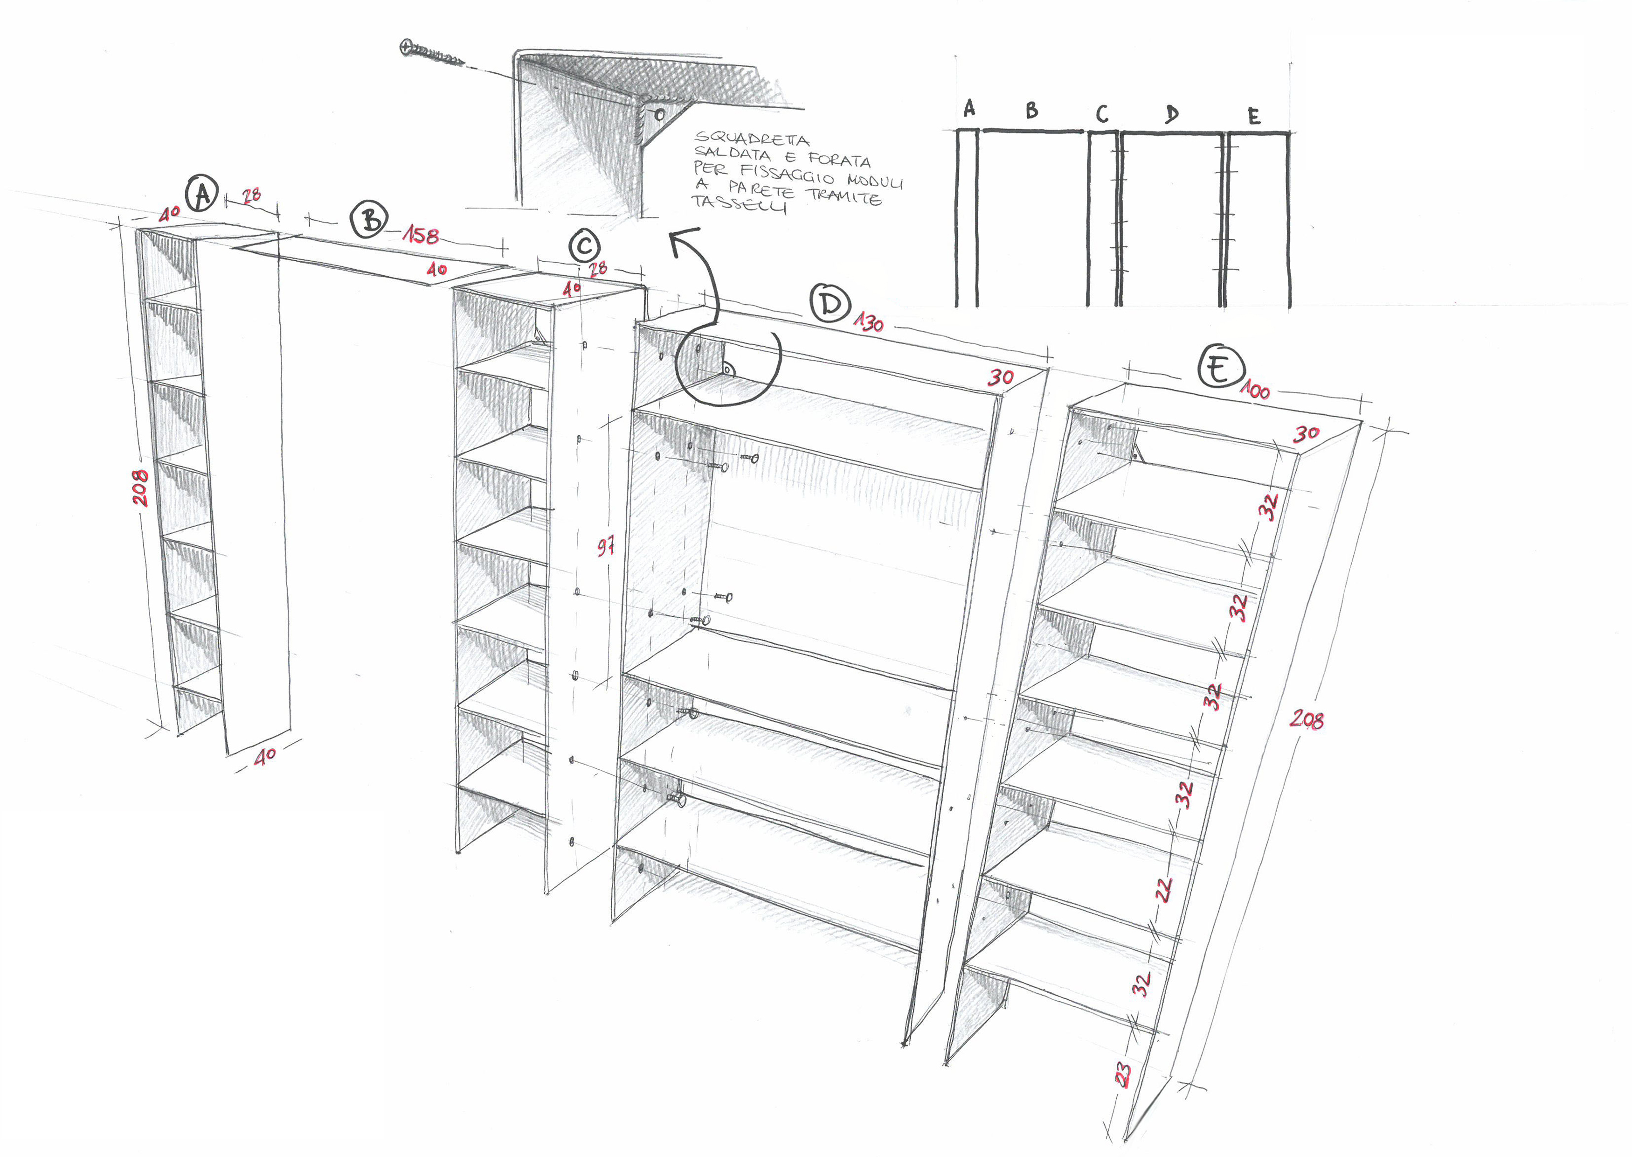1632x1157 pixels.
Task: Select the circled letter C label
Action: [x=585, y=246]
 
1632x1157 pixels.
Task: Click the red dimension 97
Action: [x=605, y=546]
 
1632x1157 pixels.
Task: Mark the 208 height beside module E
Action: [x=1307, y=719]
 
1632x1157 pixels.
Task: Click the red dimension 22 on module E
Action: [x=1163, y=889]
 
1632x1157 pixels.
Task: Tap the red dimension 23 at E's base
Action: [x=1122, y=1074]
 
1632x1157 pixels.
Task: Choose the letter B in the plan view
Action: [x=1032, y=111]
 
